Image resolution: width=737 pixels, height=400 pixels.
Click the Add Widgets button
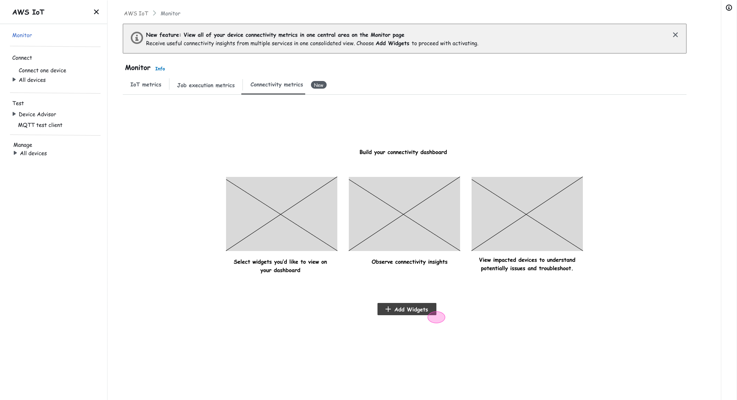click(x=407, y=309)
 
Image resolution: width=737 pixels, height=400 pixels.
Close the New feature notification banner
click(x=675, y=35)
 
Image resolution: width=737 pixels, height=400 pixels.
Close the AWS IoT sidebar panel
click(x=96, y=12)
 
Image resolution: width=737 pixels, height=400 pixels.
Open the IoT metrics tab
click(x=146, y=84)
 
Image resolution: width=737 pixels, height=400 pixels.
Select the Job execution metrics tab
click(x=206, y=85)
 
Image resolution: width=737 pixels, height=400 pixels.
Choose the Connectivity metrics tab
click(x=277, y=84)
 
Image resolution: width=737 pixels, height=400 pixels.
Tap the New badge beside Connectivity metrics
click(x=319, y=85)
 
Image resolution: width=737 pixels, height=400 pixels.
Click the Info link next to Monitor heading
click(x=160, y=69)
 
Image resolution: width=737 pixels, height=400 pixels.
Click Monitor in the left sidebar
click(x=22, y=35)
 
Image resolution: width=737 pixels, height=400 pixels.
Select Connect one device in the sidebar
click(x=42, y=70)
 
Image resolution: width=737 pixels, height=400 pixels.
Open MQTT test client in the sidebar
click(x=40, y=125)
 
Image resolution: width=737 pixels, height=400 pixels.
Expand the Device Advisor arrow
click(x=14, y=114)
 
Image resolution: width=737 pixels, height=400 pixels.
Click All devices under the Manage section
click(x=33, y=153)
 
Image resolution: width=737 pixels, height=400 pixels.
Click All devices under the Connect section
click(x=32, y=80)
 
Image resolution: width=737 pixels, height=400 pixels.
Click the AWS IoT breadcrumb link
click(x=136, y=13)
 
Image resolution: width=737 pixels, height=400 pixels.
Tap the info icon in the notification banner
click(x=137, y=38)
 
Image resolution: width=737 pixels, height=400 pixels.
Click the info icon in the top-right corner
click(x=729, y=8)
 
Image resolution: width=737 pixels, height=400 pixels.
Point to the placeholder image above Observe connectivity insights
click(x=404, y=214)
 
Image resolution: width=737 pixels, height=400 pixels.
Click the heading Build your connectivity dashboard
click(x=403, y=152)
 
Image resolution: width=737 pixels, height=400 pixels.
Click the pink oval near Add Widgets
click(x=436, y=317)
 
